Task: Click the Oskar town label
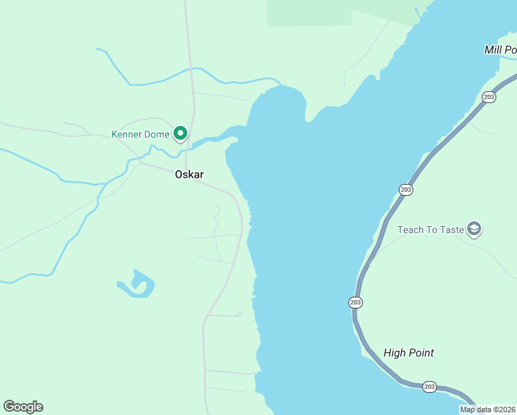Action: coord(189,175)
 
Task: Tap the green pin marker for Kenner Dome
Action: coord(180,133)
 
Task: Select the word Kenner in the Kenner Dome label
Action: coord(126,134)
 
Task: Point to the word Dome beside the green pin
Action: coord(157,134)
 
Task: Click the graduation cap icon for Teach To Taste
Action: coord(473,228)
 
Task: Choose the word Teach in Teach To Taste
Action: coord(411,230)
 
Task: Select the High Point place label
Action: coord(408,353)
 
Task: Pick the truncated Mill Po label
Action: coord(500,50)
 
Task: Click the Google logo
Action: coord(23,407)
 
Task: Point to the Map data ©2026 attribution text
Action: coord(487,409)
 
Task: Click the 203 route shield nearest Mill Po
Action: coord(489,97)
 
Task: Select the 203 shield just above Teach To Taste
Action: coord(406,190)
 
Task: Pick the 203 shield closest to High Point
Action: coord(429,387)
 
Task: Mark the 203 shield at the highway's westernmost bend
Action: coord(356,302)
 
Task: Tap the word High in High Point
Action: coord(395,353)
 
